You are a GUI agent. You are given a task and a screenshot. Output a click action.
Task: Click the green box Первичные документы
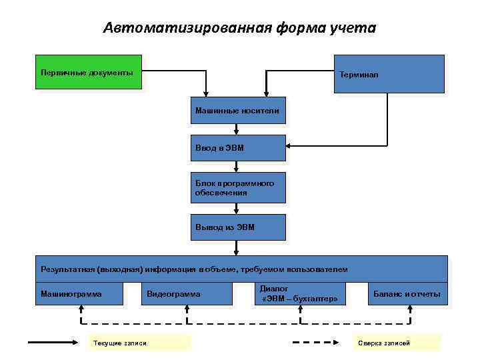point(89,72)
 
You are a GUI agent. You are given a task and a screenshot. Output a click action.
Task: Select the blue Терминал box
point(388,73)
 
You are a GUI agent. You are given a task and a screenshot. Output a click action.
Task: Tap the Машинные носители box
point(237,109)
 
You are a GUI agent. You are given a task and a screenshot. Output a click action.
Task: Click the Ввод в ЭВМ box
point(237,148)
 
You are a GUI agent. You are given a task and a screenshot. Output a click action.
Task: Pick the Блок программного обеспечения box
point(237,187)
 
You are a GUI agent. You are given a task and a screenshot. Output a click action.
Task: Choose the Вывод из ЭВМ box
point(237,227)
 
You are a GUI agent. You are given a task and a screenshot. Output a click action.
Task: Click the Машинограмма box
point(79,293)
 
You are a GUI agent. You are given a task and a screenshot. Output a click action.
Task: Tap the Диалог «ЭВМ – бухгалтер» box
point(300,293)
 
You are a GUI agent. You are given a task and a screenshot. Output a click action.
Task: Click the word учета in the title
point(354,28)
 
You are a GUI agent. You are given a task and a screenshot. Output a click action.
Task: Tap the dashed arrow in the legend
point(321,343)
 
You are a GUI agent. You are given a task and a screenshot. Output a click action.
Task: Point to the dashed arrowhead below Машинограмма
point(80,309)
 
